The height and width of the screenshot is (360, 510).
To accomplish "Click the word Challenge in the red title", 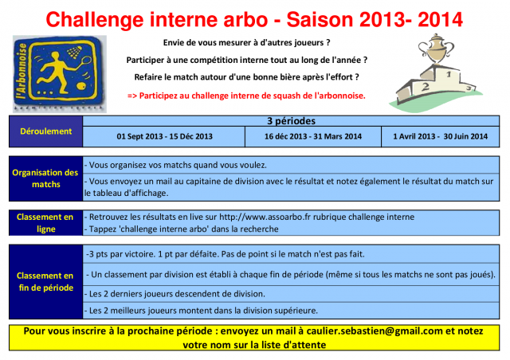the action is (x=94, y=20).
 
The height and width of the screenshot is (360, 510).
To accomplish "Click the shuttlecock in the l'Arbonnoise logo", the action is (x=75, y=52).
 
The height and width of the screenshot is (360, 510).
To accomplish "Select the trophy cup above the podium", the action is (x=436, y=49).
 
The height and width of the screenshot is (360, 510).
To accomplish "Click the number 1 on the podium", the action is (x=449, y=74).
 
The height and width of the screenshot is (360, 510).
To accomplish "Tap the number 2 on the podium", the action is (x=425, y=87).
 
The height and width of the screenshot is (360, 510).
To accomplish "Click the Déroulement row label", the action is (x=46, y=131).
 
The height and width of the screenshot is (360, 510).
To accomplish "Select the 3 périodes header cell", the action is (x=291, y=121).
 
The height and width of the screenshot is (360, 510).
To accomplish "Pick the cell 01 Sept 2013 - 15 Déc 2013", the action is (x=164, y=136).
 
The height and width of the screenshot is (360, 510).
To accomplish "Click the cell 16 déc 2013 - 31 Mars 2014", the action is (x=313, y=136).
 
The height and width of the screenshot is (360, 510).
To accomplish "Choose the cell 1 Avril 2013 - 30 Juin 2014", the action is (x=441, y=136).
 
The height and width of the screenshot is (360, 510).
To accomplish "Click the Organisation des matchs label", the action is (x=46, y=178).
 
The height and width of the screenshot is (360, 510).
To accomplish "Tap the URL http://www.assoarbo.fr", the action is (x=265, y=217).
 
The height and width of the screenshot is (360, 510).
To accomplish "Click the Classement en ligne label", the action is (x=46, y=223).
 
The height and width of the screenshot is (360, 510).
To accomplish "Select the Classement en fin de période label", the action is (x=46, y=282).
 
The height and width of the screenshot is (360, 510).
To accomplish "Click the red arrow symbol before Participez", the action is (x=132, y=96).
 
